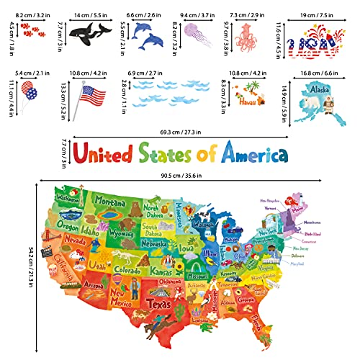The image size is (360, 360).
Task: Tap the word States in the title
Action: pyautogui.click(x=169, y=153)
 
